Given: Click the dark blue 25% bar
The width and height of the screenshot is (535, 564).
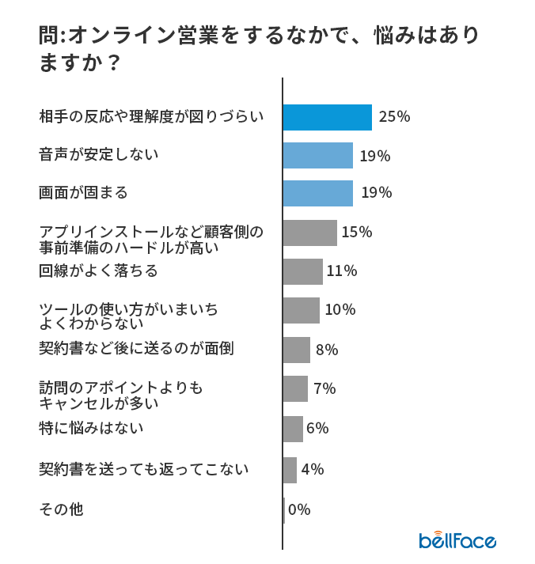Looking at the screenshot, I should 327,117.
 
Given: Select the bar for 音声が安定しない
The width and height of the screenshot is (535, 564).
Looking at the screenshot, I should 317,155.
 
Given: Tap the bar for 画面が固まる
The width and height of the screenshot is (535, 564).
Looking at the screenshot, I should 317,193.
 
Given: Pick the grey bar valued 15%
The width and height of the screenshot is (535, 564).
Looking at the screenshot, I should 309,233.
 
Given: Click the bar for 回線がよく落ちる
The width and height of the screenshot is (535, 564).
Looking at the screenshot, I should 302,271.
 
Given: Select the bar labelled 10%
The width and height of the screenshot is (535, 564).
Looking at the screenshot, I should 301,310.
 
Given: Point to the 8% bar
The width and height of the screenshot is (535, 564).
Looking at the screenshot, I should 296,350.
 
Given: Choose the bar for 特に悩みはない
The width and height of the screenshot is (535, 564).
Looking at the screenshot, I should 293,429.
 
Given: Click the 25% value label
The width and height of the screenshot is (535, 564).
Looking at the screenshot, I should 394,117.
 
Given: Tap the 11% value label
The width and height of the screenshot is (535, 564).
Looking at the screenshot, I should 342,271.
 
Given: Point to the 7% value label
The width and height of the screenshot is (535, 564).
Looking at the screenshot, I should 324,389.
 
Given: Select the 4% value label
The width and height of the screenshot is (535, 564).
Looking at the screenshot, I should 313,469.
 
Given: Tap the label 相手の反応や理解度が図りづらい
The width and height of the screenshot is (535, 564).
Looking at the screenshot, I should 151,117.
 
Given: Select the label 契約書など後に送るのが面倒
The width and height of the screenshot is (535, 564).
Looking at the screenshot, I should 136,348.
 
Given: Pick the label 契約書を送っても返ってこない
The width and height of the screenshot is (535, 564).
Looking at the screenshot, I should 144,469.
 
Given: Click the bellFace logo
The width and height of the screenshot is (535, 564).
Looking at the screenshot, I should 457,540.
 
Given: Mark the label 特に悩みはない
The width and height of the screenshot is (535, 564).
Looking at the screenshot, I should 91,429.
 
